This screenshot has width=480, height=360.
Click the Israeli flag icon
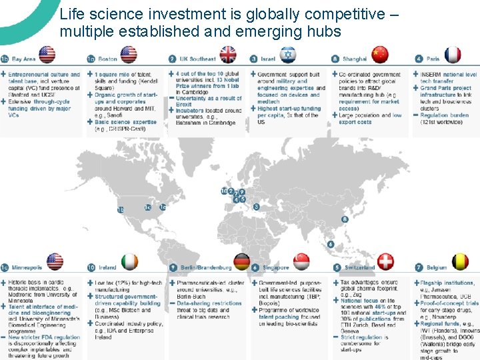[x=288, y=55]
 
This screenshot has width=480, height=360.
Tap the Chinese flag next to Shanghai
[x=379, y=55]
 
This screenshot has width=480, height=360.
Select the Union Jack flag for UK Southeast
[x=228, y=55]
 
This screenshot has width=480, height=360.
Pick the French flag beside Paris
[x=453, y=55]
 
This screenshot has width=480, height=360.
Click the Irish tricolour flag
[x=131, y=262]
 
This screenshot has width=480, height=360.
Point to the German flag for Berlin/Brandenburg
[x=242, y=262]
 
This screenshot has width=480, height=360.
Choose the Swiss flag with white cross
[x=386, y=262]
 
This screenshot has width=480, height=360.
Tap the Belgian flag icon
[x=460, y=262]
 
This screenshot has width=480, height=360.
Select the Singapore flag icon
[x=302, y=262]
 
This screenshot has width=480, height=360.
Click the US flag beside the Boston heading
[x=129, y=55]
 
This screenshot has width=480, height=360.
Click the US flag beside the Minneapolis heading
[x=55, y=262]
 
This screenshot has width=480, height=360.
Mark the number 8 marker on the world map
[x=345, y=219]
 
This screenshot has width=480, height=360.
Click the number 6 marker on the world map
[x=331, y=244]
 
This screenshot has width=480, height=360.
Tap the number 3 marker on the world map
[x=256, y=207]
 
